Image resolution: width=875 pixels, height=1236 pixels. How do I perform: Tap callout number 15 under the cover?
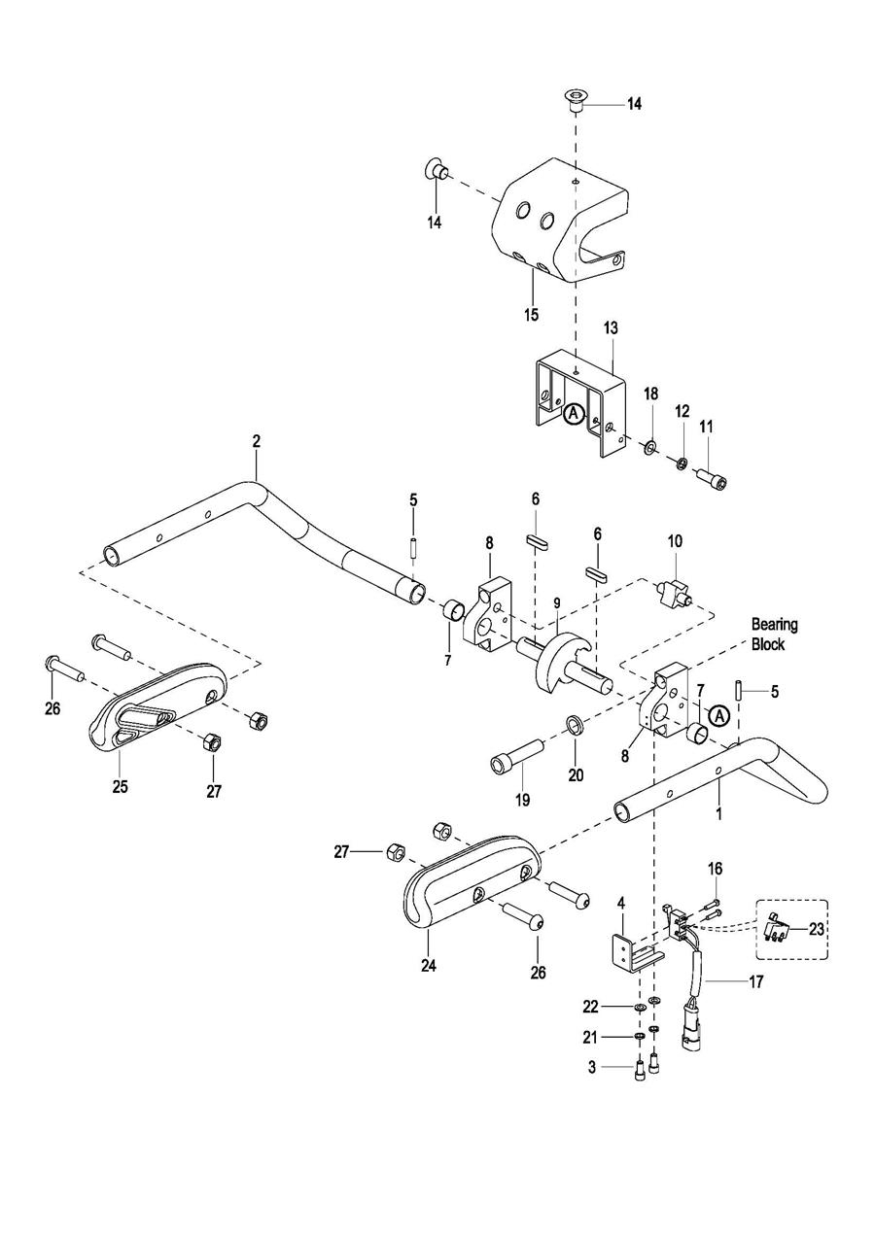point(531,315)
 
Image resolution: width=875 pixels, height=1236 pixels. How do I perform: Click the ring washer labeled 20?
point(575,724)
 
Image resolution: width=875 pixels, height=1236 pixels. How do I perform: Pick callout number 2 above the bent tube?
point(256,441)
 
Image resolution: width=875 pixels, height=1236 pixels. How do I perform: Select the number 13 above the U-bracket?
point(612,327)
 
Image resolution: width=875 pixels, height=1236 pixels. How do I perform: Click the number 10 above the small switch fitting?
point(675,540)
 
